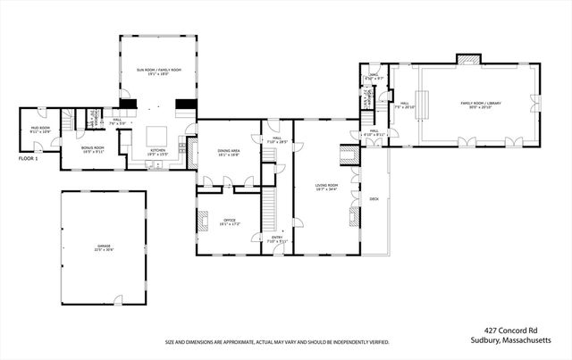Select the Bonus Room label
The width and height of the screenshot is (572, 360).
coord(93,148)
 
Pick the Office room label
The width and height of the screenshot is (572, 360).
coord(229,221)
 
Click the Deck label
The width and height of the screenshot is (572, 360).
coord(374,198)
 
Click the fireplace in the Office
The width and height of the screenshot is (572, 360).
coord(203,220)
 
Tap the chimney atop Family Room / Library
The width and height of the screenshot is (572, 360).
coord(468,60)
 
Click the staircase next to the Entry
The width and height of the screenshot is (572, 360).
coord(266,213)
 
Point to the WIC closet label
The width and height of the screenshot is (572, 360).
coord(374,78)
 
